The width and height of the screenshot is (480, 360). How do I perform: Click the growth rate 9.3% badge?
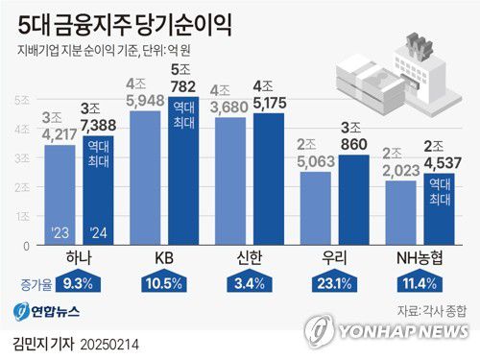(77, 284)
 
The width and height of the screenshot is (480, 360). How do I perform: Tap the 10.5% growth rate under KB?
(162, 284)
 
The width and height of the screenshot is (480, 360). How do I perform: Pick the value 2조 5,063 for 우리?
(314, 155)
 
